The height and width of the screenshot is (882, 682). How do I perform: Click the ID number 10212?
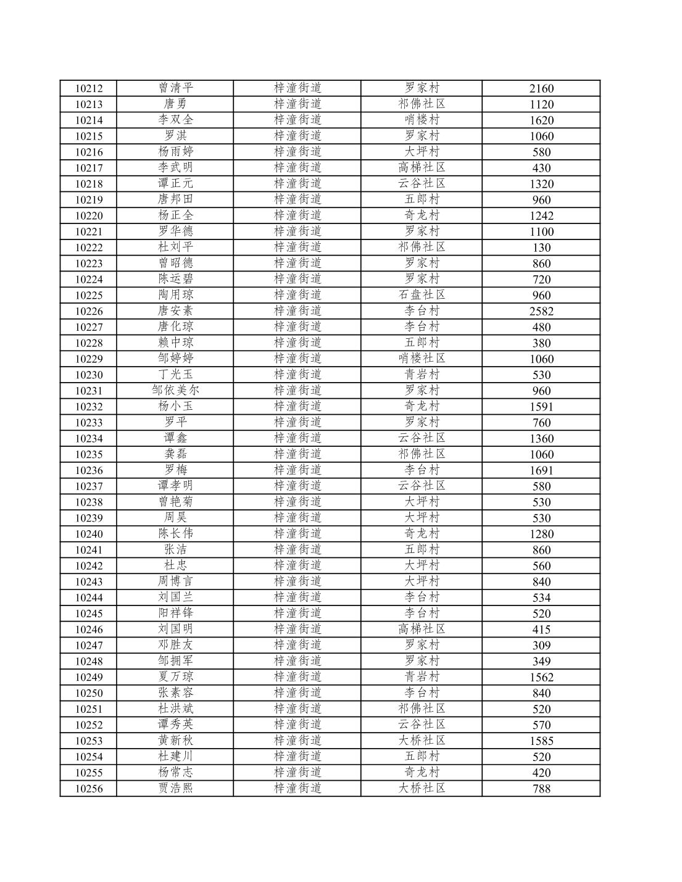click(88, 88)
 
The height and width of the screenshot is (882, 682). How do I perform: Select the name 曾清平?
click(175, 88)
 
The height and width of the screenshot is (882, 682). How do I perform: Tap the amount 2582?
click(541, 311)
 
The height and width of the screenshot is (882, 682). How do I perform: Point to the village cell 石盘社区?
click(422, 294)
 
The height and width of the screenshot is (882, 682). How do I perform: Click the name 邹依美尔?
click(175, 390)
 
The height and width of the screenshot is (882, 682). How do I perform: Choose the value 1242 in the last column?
click(541, 215)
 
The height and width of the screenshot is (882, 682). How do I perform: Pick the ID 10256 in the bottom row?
click(88, 789)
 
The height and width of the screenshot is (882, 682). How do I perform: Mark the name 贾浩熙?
click(175, 788)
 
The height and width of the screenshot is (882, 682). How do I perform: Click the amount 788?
click(541, 789)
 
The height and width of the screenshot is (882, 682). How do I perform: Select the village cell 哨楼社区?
click(422, 359)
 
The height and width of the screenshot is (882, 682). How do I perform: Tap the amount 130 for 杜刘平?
click(541, 248)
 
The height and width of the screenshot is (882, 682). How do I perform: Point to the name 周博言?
click(175, 581)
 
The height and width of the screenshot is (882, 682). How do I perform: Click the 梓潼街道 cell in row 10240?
click(297, 533)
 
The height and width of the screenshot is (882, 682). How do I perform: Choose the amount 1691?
click(541, 470)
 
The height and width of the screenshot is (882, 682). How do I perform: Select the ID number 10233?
click(88, 423)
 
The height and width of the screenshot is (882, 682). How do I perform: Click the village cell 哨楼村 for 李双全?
click(422, 120)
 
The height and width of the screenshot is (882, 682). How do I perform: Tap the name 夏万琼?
click(175, 676)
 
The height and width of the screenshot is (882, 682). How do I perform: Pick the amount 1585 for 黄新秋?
click(541, 741)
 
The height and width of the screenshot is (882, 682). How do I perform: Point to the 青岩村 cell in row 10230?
click(422, 374)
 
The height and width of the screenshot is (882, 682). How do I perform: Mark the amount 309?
click(541, 646)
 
